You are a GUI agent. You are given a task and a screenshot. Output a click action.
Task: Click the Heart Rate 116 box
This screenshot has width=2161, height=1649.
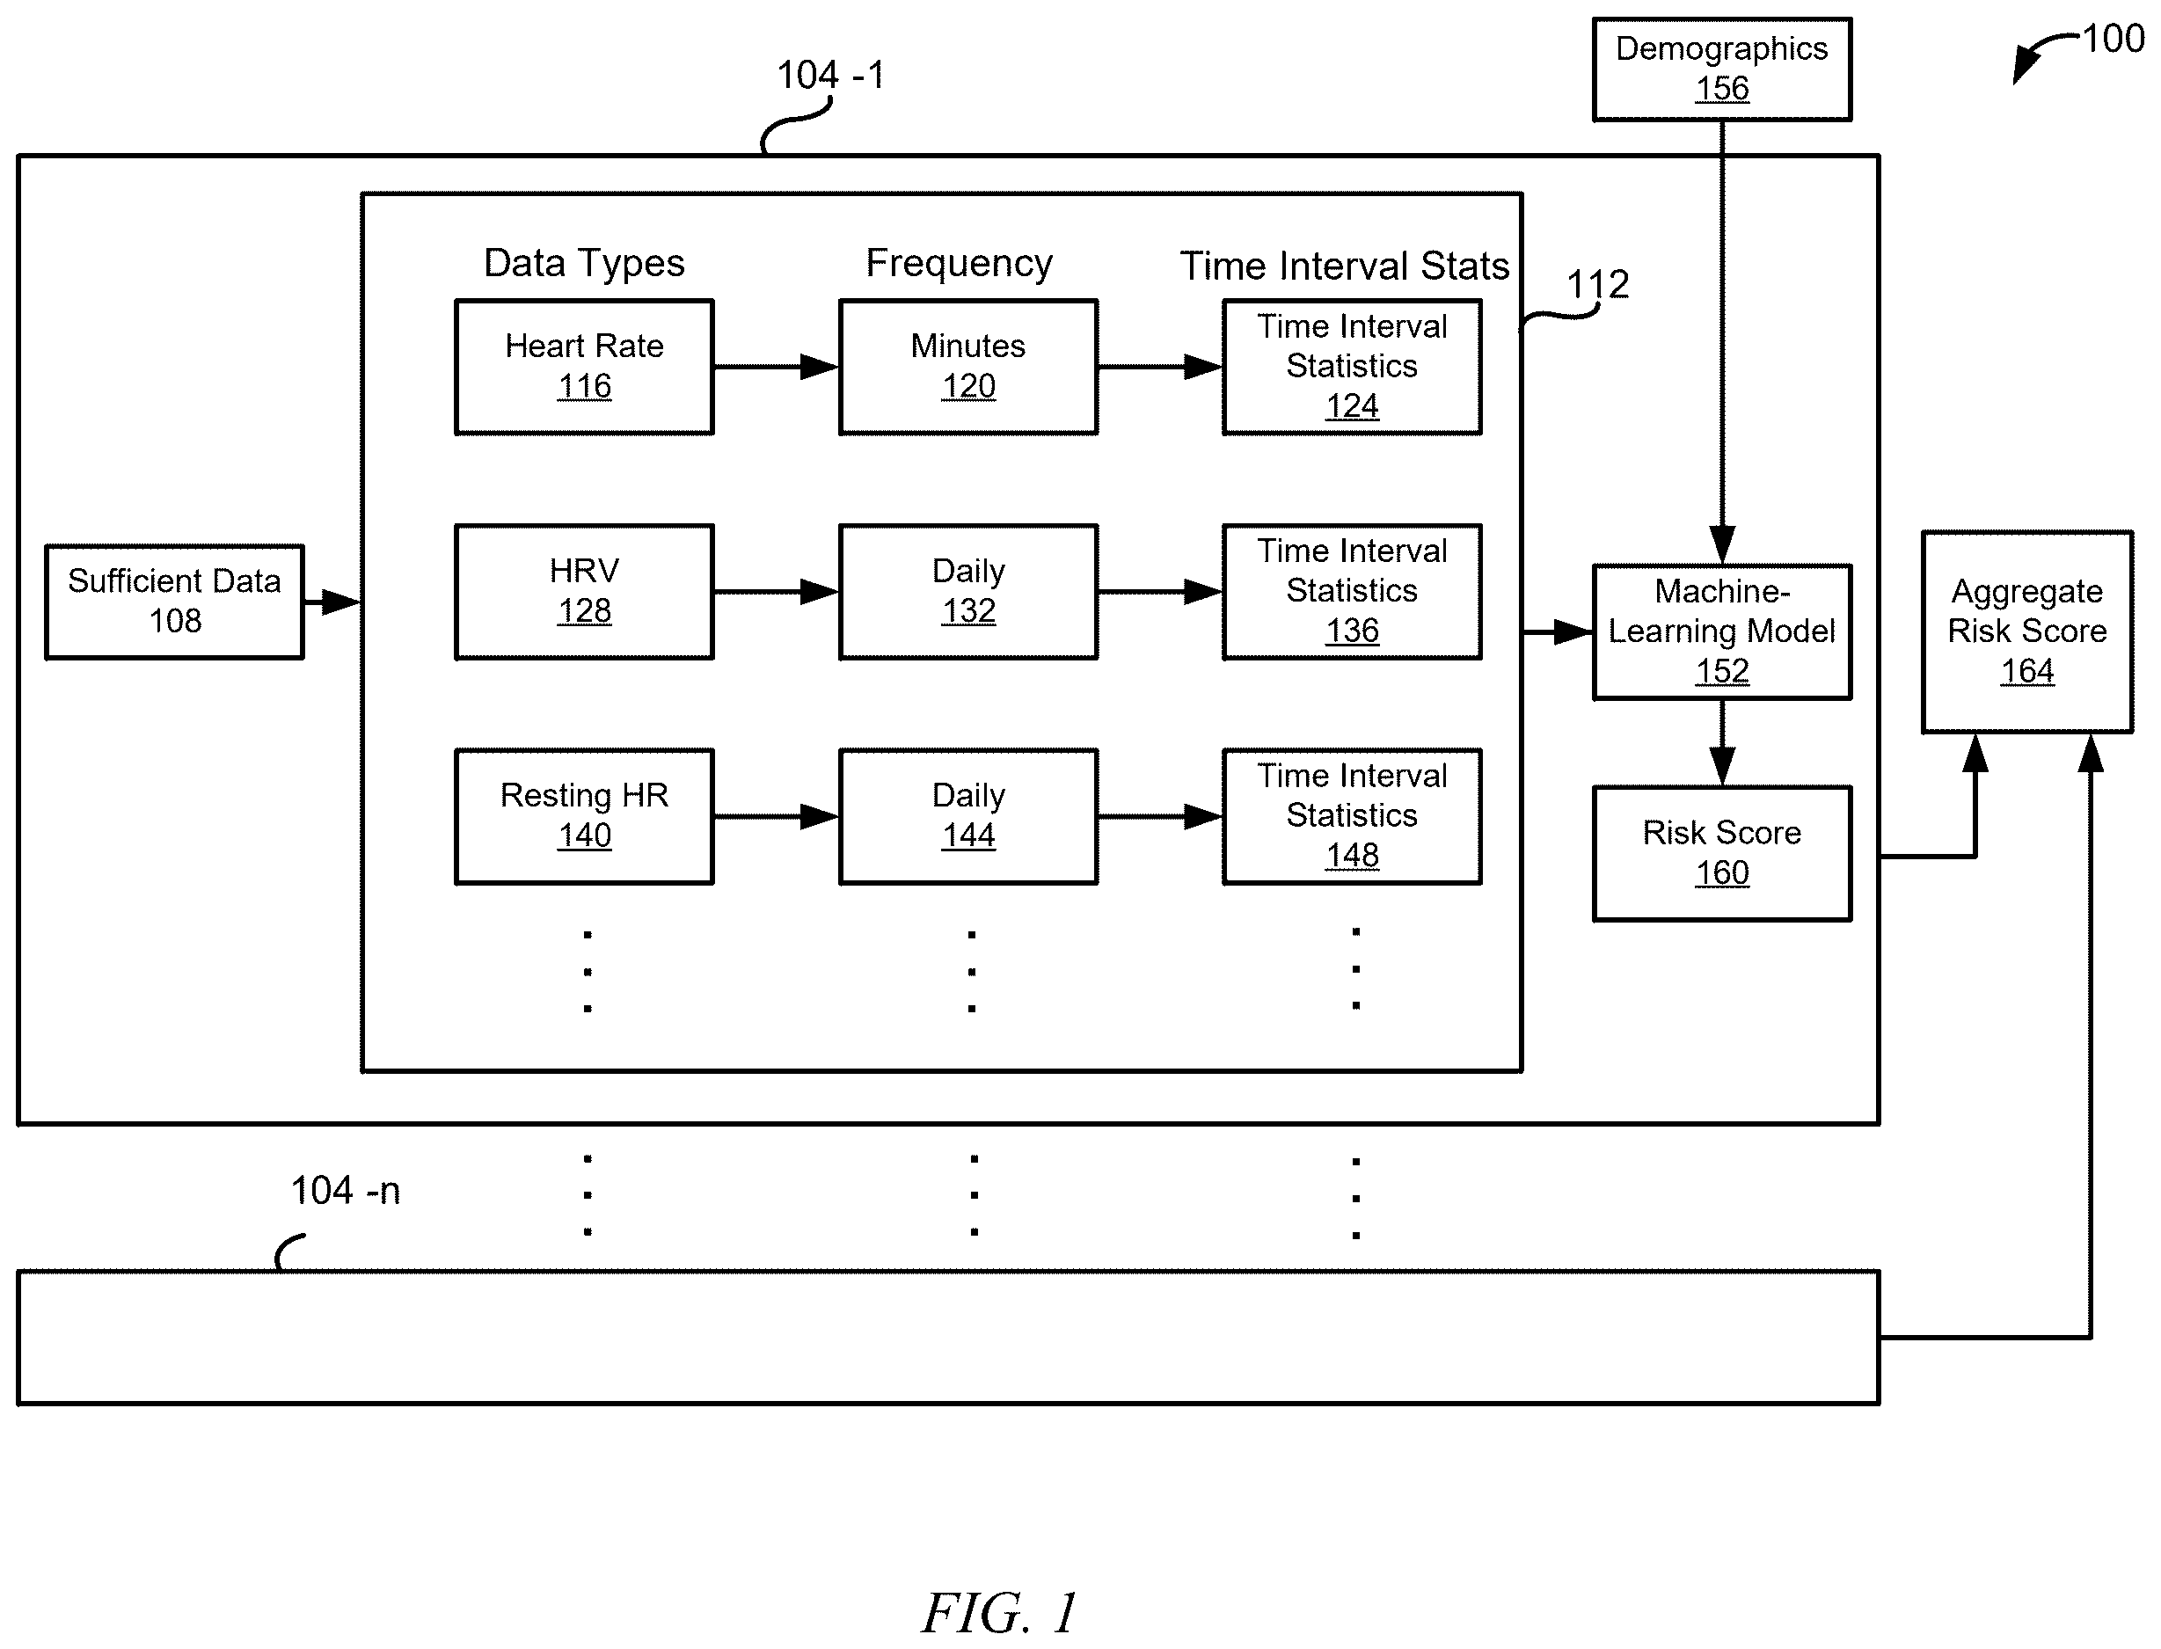584,367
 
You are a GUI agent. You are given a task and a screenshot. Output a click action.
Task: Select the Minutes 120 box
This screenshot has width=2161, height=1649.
967,367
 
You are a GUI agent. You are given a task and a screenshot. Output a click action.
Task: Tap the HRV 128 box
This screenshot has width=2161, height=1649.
584,592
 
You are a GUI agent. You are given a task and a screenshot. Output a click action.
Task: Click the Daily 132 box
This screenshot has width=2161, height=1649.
967,592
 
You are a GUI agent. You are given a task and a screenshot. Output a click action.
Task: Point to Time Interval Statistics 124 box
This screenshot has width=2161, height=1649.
1351,367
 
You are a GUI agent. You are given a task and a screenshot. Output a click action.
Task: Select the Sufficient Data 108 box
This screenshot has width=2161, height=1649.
175,602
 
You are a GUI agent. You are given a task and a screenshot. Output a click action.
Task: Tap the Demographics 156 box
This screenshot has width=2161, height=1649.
1721,69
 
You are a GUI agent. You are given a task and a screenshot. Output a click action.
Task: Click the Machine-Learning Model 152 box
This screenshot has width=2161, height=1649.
1721,632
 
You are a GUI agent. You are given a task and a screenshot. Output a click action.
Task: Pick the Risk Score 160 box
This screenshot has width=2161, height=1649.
1721,853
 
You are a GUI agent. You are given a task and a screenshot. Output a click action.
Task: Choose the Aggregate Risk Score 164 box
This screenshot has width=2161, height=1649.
2026,632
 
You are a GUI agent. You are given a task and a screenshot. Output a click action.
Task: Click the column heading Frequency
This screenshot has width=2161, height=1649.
959,263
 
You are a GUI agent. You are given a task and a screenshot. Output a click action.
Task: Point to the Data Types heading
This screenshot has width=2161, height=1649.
584,263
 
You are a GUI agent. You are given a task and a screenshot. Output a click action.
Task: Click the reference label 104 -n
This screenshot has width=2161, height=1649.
346,1191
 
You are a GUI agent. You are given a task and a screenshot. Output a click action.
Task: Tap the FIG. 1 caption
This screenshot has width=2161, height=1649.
999,1612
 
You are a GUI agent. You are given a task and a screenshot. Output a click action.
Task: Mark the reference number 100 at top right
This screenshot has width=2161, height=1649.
2113,40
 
